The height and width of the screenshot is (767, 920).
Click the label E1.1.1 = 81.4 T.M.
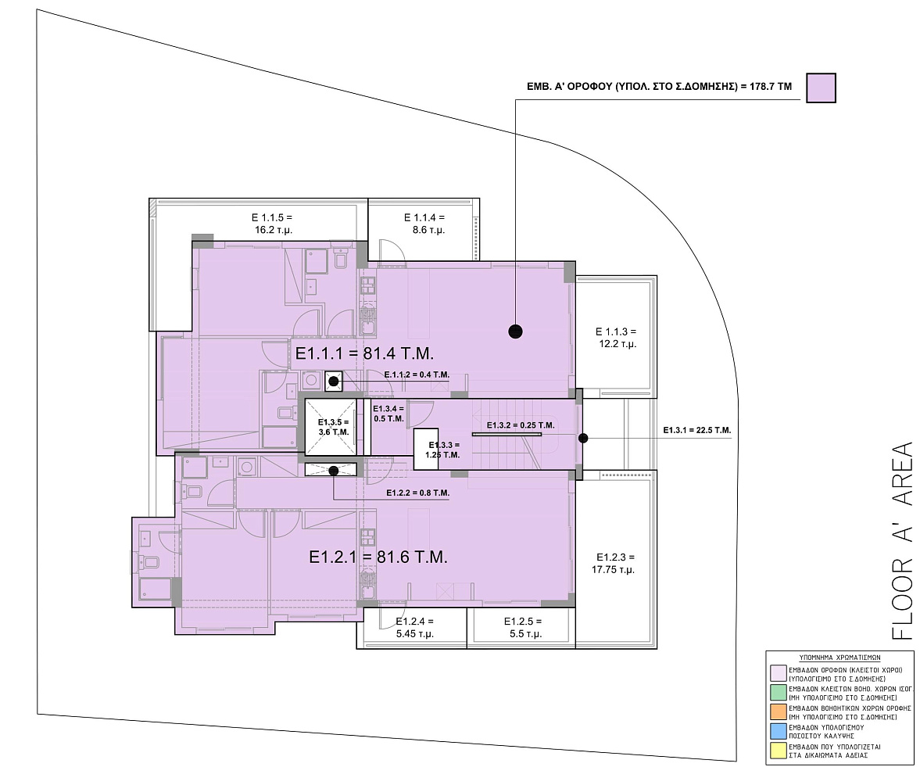pyautogui.click(x=364, y=353)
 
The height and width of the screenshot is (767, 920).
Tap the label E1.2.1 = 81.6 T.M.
pyautogui.click(x=378, y=557)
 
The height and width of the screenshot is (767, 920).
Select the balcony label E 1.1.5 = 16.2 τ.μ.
pyautogui.click(x=273, y=224)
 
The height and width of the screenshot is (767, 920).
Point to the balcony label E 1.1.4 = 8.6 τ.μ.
pyautogui.click(x=428, y=224)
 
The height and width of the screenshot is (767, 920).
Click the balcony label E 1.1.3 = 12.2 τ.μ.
pyautogui.click(x=618, y=338)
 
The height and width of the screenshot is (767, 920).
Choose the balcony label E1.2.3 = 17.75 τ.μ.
pyautogui.click(x=615, y=564)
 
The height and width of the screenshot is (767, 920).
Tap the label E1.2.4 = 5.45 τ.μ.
pyautogui.click(x=414, y=627)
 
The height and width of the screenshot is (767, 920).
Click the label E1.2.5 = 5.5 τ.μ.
pyautogui.click(x=523, y=627)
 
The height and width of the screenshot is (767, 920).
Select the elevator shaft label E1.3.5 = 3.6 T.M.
pyautogui.click(x=333, y=427)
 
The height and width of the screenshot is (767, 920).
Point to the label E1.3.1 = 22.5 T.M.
pyautogui.click(x=697, y=430)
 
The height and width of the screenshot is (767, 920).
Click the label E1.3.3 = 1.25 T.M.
pyautogui.click(x=443, y=450)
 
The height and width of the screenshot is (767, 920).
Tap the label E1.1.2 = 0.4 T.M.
pyautogui.click(x=417, y=375)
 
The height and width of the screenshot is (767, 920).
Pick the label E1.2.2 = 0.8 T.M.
pyautogui.click(x=417, y=493)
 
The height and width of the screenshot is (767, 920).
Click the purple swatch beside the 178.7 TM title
pyautogui.click(x=820, y=88)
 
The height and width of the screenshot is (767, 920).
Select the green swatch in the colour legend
pyautogui.click(x=779, y=693)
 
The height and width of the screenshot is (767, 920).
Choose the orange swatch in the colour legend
pyautogui.click(x=779, y=711)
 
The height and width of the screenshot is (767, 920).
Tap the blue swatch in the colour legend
pyautogui.click(x=779, y=731)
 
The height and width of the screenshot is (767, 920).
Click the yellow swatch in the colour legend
pyautogui.click(x=779, y=751)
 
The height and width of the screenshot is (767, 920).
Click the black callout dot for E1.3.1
pyautogui.click(x=583, y=438)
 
